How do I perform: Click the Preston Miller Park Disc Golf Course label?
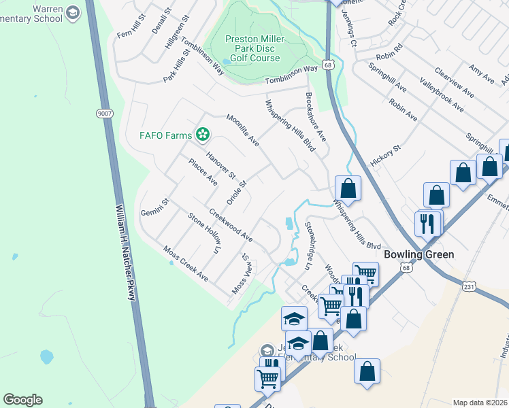pos(253,48)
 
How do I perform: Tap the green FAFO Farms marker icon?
pos(202,135)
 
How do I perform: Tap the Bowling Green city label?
pos(418,254)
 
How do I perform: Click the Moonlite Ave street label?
pos(243,130)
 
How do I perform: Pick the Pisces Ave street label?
pos(203,172)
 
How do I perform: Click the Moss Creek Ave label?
pos(186,264)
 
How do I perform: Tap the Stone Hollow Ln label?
pos(206,234)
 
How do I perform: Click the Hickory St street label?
pos(387,156)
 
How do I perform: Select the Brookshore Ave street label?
pos(316,117)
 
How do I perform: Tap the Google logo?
pos(22,400)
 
